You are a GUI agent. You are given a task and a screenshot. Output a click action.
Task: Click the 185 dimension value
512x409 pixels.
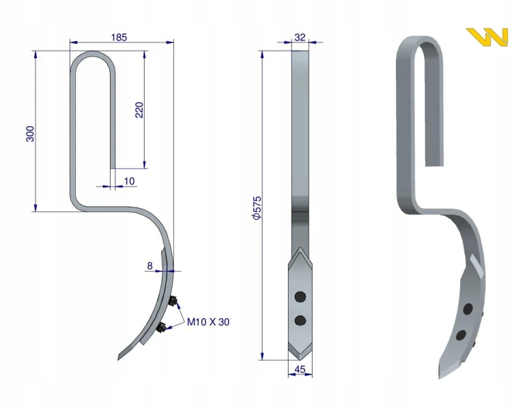(x=119, y=38)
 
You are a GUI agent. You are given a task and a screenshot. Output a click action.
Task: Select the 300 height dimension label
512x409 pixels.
(x=30, y=134)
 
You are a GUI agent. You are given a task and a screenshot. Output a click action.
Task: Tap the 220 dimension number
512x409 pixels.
(x=139, y=110)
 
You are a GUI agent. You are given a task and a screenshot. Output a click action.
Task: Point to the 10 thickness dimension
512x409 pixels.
(x=130, y=181)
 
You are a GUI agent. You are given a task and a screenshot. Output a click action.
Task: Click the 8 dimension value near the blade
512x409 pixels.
(x=150, y=266)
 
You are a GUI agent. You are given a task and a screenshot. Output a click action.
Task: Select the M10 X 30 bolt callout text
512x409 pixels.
(x=208, y=322)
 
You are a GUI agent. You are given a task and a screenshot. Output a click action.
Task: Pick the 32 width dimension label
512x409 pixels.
(x=300, y=38)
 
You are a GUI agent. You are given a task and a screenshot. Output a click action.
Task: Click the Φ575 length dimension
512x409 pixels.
(x=257, y=208)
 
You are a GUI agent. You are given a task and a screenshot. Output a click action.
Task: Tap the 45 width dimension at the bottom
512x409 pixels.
(x=300, y=369)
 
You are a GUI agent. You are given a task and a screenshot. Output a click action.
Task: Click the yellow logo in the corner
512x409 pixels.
(x=487, y=37)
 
